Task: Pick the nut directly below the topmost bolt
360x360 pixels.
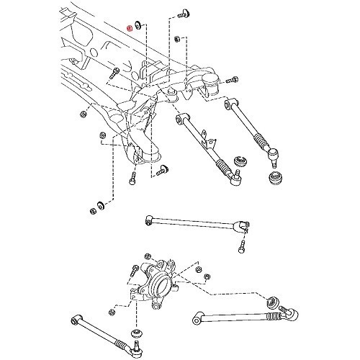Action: coord(177,38)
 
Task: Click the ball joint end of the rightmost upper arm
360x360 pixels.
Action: coord(276,153)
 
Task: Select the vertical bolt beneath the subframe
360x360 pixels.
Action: coord(133,180)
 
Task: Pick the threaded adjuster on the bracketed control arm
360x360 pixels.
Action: coord(230,174)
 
